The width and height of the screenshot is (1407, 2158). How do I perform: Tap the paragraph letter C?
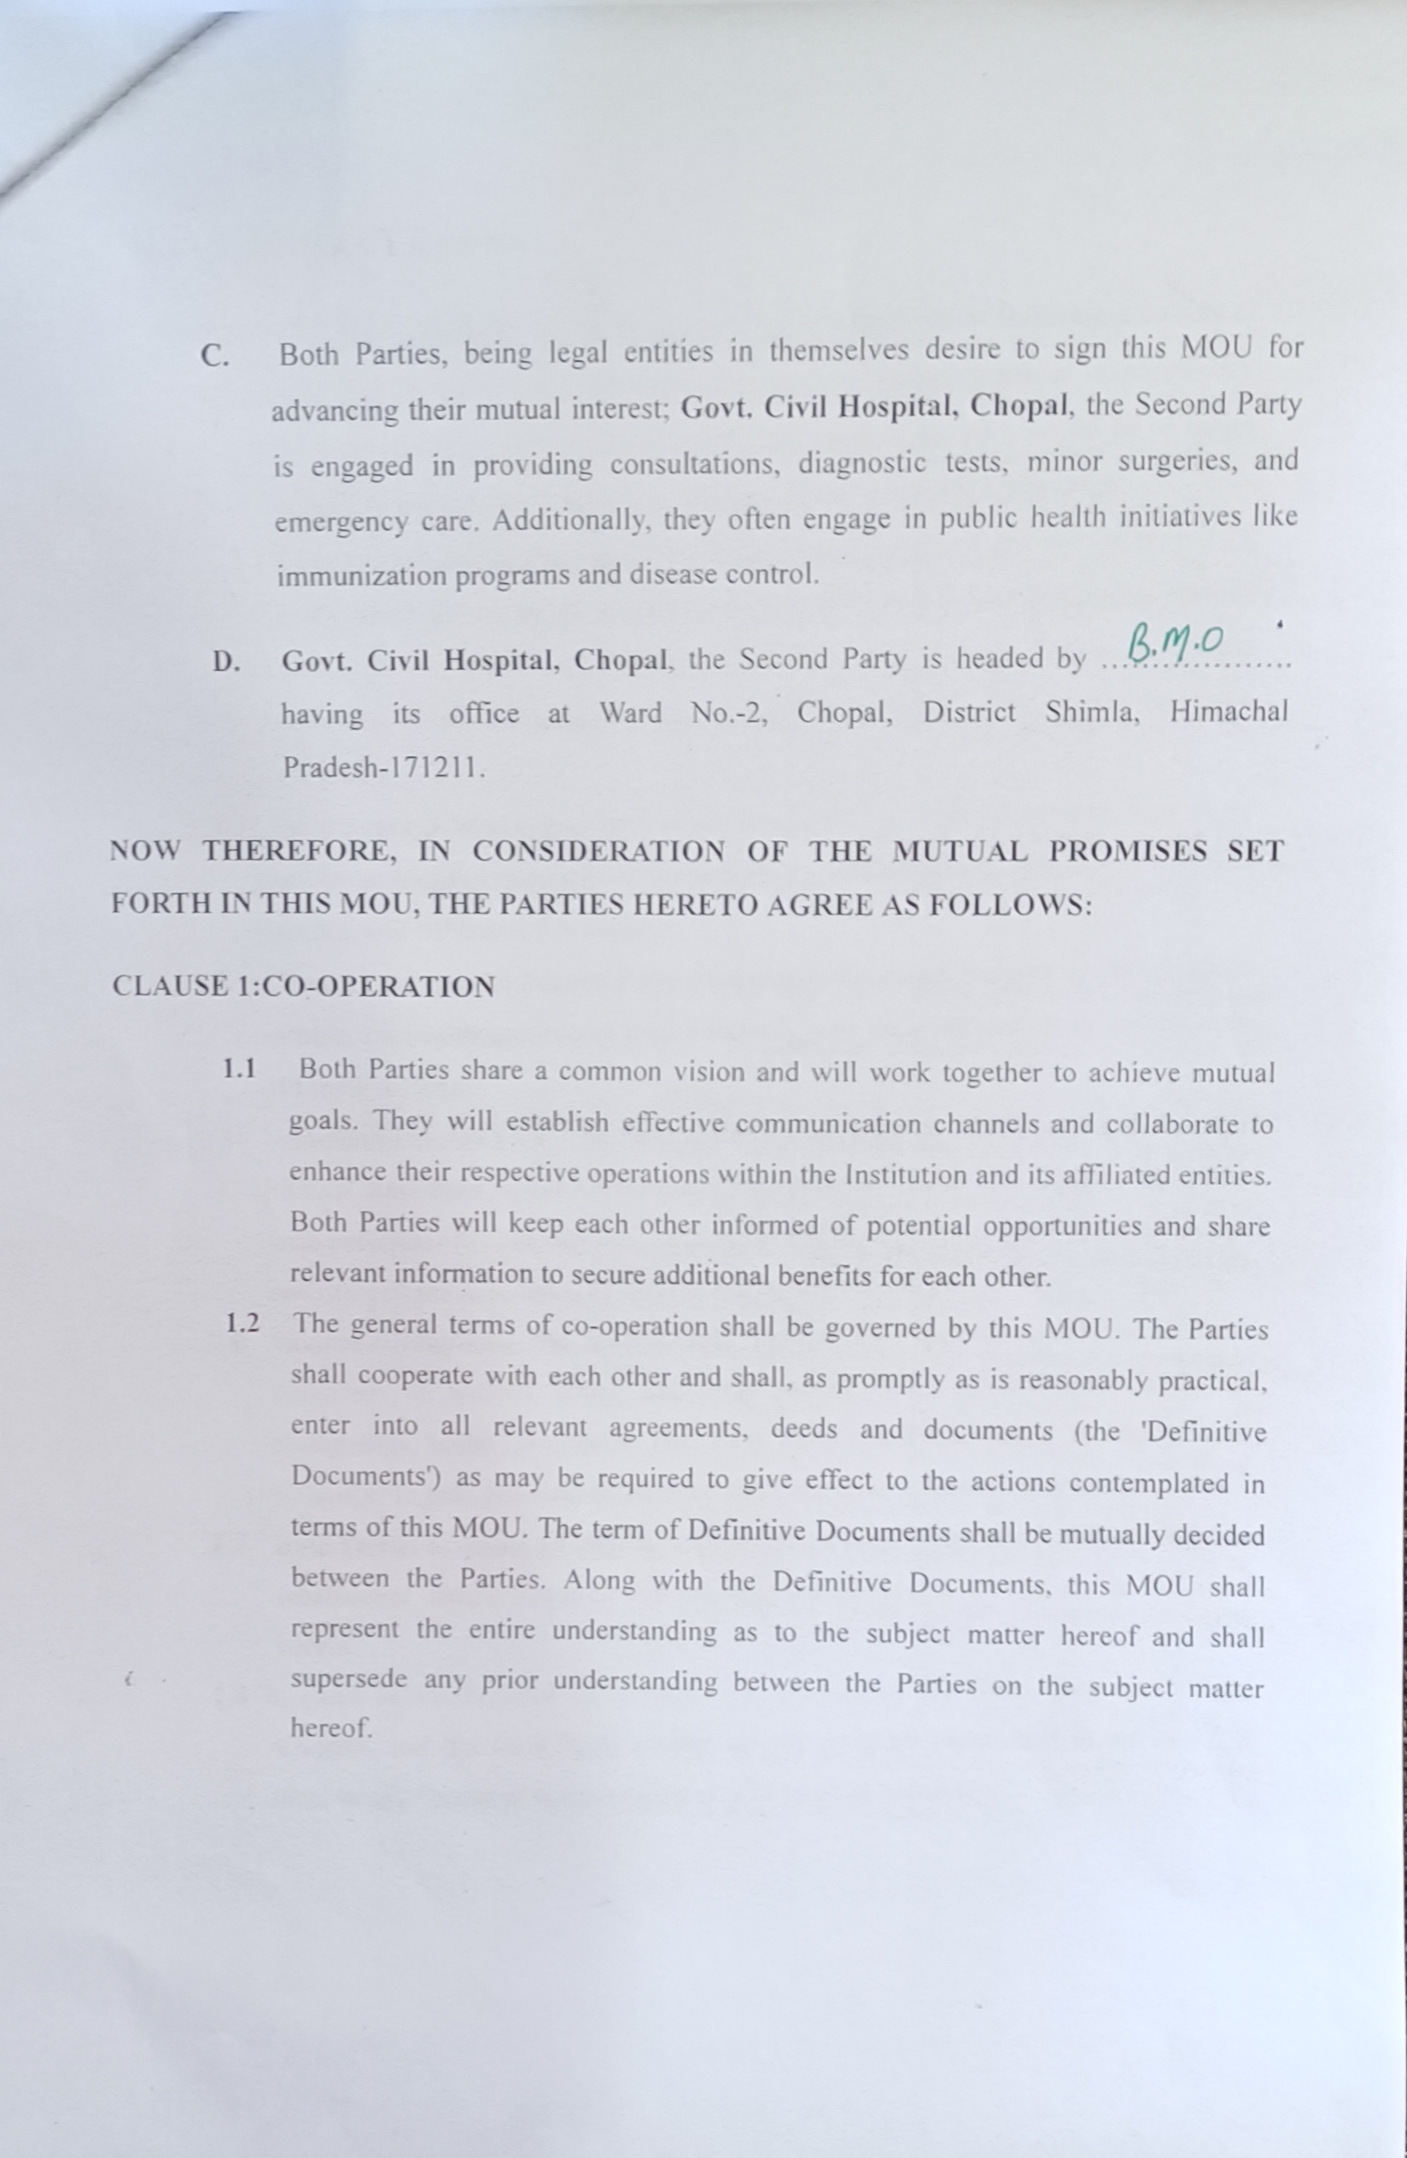pyautogui.click(x=213, y=356)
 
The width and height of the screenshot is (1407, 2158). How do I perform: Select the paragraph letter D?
pyautogui.click(x=225, y=662)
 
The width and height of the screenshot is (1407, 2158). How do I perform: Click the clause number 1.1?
pyautogui.click(x=238, y=1069)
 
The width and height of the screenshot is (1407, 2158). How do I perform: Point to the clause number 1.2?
pyautogui.click(x=242, y=1324)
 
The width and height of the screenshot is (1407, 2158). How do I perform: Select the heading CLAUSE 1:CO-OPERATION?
pyautogui.click(x=303, y=987)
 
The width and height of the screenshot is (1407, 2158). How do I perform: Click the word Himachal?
pyautogui.click(x=1228, y=712)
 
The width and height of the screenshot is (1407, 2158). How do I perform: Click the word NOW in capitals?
pyautogui.click(x=144, y=851)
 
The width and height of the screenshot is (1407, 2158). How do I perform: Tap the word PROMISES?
pyautogui.click(x=1129, y=851)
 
